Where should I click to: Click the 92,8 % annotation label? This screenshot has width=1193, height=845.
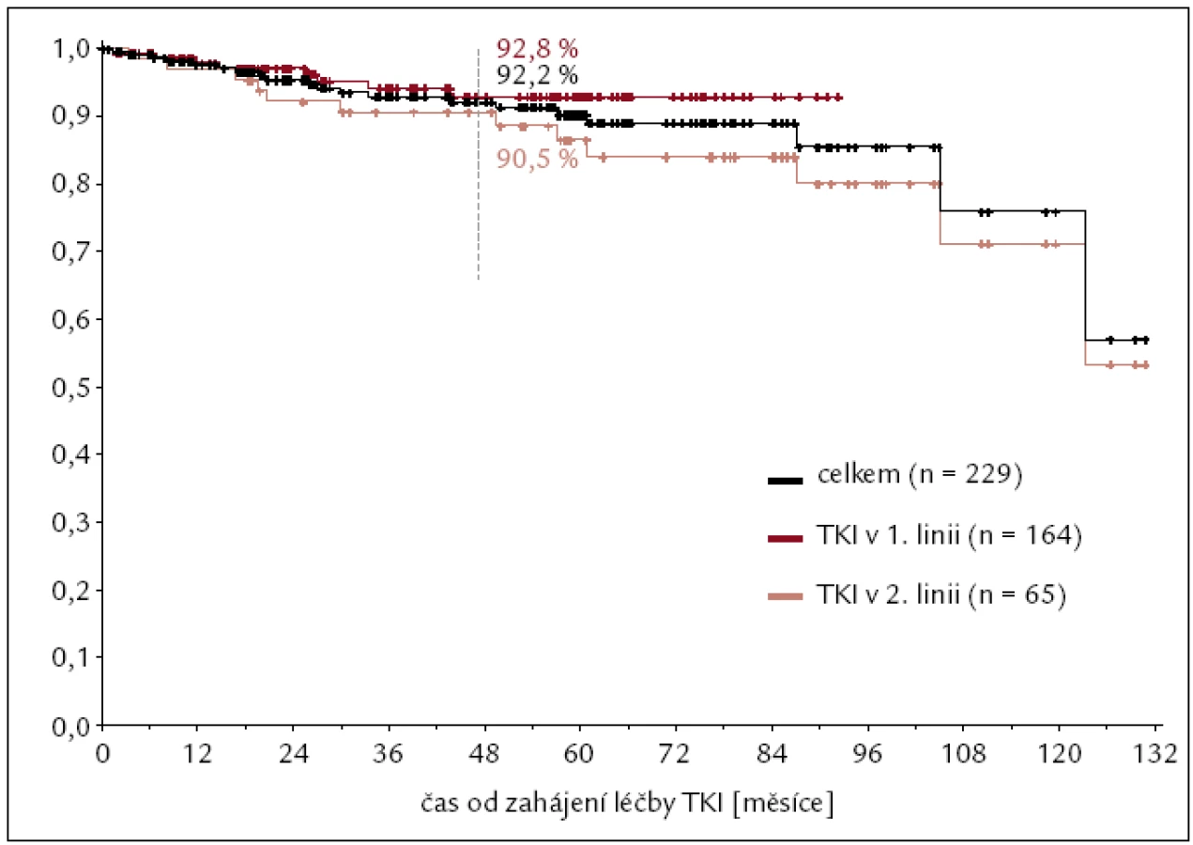point(537,49)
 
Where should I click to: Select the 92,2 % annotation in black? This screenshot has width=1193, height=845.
point(537,76)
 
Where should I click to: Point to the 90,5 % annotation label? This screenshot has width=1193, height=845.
point(537,159)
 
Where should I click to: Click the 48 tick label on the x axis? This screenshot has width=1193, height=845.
point(484,754)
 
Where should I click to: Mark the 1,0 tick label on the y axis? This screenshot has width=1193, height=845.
point(70,49)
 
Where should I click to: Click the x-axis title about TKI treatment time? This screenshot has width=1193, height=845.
point(627,804)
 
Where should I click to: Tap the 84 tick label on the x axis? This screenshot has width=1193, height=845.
point(772,754)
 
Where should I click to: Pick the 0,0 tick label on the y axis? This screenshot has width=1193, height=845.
point(70,726)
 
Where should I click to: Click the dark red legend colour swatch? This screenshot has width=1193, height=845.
point(785,539)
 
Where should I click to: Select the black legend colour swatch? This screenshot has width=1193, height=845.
point(785,481)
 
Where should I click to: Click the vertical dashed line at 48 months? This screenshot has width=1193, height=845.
point(479,164)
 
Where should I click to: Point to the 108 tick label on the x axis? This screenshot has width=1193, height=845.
point(963,754)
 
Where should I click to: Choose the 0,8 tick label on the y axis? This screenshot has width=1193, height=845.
point(70,184)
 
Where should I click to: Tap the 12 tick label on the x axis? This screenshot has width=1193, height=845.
point(197,754)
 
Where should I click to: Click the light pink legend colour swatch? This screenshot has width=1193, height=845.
point(785,597)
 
